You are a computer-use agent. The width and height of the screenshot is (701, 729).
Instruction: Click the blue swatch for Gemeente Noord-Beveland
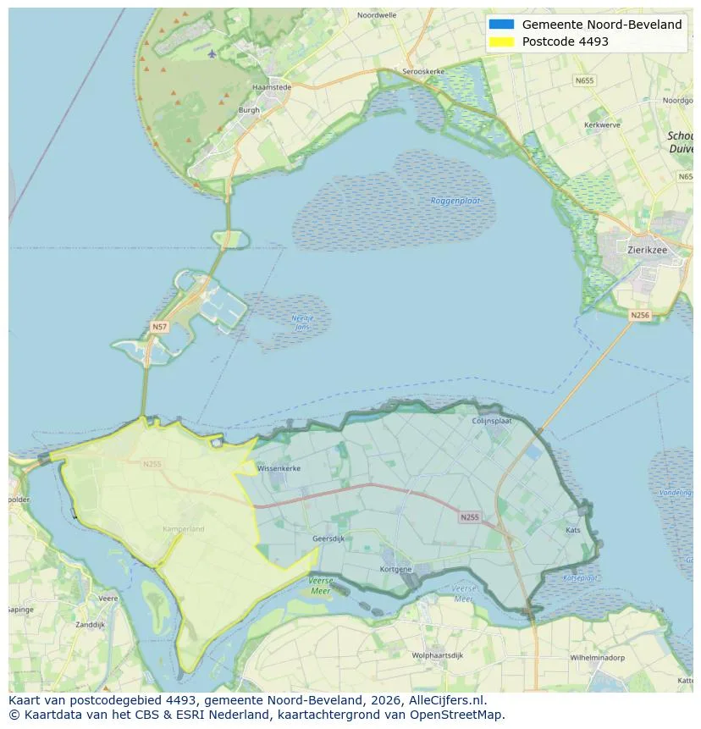(x=501, y=25)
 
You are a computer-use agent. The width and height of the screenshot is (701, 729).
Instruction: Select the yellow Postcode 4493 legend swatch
(x=501, y=41)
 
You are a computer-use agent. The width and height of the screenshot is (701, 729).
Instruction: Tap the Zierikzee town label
(x=649, y=250)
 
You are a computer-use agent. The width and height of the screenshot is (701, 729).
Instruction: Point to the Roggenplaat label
(x=455, y=201)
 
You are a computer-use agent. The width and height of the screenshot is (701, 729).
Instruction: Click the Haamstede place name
(x=272, y=86)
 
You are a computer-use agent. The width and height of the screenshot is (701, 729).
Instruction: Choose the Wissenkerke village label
(x=279, y=467)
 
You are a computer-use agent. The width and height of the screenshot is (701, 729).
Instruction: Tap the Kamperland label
(x=185, y=529)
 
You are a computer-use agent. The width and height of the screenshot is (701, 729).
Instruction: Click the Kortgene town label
(x=396, y=569)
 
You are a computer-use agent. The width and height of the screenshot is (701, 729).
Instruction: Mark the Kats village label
(x=573, y=530)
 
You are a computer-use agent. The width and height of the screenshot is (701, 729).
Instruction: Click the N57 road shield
(x=159, y=326)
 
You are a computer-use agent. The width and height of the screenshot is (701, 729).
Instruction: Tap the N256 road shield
(x=640, y=315)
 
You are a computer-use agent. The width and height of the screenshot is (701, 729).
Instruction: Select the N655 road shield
(x=583, y=80)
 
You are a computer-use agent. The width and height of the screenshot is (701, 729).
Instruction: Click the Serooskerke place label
(x=422, y=72)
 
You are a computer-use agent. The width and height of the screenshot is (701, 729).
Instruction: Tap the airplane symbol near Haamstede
(x=212, y=54)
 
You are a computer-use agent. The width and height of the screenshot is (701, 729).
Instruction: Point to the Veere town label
(x=108, y=598)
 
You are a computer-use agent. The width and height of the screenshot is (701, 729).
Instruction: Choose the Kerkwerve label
(x=602, y=124)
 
